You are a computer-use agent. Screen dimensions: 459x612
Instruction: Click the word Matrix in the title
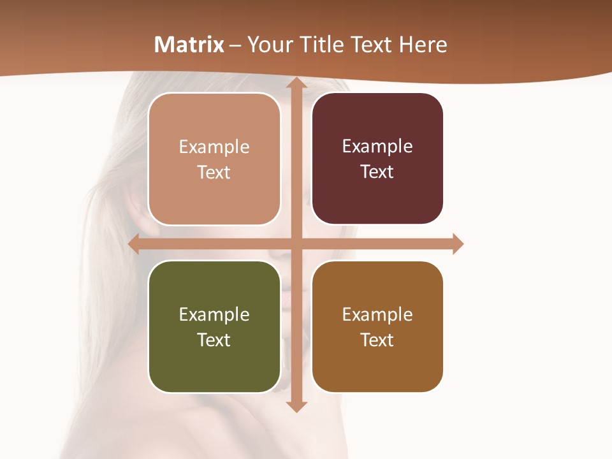[x=189, y=45]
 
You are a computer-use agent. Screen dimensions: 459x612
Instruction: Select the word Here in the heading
[x=423, y=45]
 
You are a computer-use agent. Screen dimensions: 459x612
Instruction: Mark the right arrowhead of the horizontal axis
[x=457, y=244]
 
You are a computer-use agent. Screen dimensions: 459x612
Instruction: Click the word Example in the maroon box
[x=377, y=146]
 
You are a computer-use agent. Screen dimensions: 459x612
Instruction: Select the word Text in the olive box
[x=214, y=340]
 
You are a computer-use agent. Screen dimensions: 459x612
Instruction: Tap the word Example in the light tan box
[x=214, y=147]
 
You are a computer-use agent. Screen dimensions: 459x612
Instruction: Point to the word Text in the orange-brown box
[x=377, y=340]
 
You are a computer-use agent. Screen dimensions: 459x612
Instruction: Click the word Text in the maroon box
[x=377, y=171]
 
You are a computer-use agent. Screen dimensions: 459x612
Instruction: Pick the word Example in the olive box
[x=214, y=314]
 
